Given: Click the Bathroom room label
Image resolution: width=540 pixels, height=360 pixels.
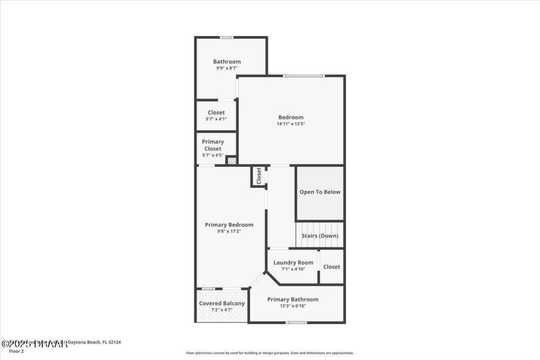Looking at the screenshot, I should [227, 62].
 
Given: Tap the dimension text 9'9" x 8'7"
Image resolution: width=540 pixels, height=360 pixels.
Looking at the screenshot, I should [227, 68].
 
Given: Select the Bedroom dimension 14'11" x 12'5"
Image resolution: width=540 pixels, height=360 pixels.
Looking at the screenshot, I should [291, 124].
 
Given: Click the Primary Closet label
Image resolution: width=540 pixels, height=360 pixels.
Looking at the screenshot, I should [213, 145].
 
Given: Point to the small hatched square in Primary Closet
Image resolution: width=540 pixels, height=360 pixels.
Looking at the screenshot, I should [231, 160].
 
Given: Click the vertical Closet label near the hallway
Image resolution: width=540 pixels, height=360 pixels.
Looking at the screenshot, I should [259, 176].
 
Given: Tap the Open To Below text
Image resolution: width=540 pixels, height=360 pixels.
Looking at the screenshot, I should [320, 192].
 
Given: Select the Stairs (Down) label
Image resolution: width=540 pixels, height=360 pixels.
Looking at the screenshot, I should [320, 236].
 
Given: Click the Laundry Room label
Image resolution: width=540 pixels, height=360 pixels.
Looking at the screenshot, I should [293, 263].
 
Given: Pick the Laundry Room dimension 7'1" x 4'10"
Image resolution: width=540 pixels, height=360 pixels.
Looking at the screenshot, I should [293, 269].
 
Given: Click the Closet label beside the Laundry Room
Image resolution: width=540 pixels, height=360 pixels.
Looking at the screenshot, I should [332, 267].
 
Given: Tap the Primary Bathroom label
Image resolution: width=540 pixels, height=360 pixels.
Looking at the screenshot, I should [293, 299].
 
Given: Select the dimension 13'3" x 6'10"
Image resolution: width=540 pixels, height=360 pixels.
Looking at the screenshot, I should [293, 306].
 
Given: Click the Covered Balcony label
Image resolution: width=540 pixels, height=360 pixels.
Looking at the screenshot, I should [221, 303].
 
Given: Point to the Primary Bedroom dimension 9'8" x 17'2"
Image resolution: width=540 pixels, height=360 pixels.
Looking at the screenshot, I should [229, 231].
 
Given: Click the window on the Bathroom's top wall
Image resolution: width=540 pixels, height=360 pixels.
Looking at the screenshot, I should [227, 38].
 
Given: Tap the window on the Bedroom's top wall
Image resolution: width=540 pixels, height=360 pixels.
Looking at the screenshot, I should [304, 76].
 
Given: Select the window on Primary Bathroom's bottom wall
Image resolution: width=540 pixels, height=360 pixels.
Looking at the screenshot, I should [296, 323].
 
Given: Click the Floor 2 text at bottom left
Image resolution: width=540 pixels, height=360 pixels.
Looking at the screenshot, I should [16, 351].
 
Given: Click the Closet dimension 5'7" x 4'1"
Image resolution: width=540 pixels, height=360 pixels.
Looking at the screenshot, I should [216, 119].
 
